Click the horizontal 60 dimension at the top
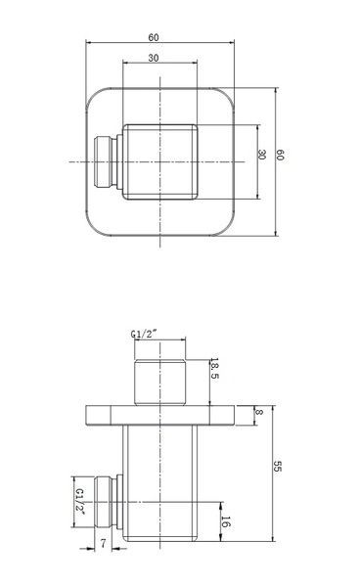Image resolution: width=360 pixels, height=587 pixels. [154, 38]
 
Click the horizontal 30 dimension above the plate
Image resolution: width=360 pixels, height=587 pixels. [154, 58]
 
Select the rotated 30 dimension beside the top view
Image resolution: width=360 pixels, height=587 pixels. [262, 155]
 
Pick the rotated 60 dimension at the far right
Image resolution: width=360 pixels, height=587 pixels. [280, 155]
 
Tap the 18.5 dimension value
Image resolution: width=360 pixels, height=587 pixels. [214, 368]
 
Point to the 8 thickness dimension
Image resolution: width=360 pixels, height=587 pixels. [259, 412]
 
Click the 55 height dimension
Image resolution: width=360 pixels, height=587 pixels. [277, 467]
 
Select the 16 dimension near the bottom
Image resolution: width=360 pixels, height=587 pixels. [225, 521]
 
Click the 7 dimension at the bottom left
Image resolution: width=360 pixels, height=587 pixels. [104, 543]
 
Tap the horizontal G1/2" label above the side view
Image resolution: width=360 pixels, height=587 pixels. [144, 334]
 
